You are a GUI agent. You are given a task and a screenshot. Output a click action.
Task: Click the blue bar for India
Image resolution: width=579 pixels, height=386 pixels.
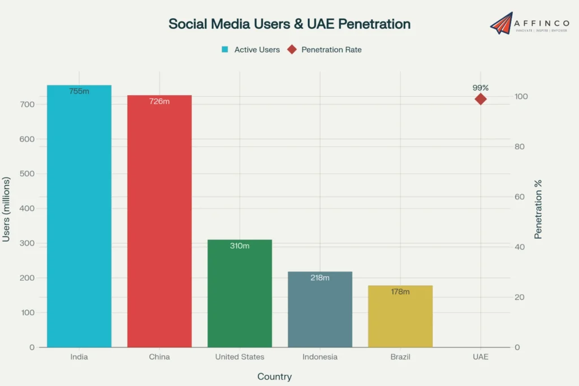pyautogui.click(x=79, y=221)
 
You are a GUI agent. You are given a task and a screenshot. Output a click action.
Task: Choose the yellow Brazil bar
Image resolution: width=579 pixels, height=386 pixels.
pyautogui.click(x=400, y=320)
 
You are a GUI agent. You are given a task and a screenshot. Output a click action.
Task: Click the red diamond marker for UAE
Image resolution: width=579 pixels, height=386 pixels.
pyautogui.click(x=481, y=99)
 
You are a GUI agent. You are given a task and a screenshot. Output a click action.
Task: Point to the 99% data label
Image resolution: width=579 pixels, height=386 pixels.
pyautogui.click(x=481, y=88)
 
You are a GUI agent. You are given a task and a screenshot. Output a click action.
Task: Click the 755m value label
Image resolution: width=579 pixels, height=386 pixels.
pyautogui.click(x=79, y=91)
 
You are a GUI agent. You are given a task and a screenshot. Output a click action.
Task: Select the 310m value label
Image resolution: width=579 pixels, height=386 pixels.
pyautogui.click(x=240, y=246)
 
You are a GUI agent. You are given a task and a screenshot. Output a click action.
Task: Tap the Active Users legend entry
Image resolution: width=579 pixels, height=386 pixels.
pyautogui.click(x=251, y=50)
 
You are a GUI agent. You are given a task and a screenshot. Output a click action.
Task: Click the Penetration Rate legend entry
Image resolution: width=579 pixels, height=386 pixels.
pyautogui.click(x=325, y=50)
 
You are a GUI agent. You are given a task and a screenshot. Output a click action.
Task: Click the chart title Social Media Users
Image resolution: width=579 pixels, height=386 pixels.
pyautogui.click(x=289, y=24)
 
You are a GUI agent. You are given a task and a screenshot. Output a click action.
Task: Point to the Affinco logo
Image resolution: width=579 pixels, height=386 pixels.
pyautogui.click(x=529, y=23)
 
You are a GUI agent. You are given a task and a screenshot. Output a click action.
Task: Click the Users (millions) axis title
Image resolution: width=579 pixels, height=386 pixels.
pyautogui.click(x=7, y=209)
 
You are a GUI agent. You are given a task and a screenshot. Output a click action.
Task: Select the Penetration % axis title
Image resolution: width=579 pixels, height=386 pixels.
pyautogui.click(x=538, y=209)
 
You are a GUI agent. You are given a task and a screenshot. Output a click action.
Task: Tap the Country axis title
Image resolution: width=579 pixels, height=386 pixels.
pyautogui.click(x=275, y=376)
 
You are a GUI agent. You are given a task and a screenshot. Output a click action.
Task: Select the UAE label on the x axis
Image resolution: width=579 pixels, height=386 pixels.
pyautogui.click(x=481, y=357)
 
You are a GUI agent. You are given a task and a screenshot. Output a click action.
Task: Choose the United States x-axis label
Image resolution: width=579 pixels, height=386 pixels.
pyautogui.click(x=240, y=357)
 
